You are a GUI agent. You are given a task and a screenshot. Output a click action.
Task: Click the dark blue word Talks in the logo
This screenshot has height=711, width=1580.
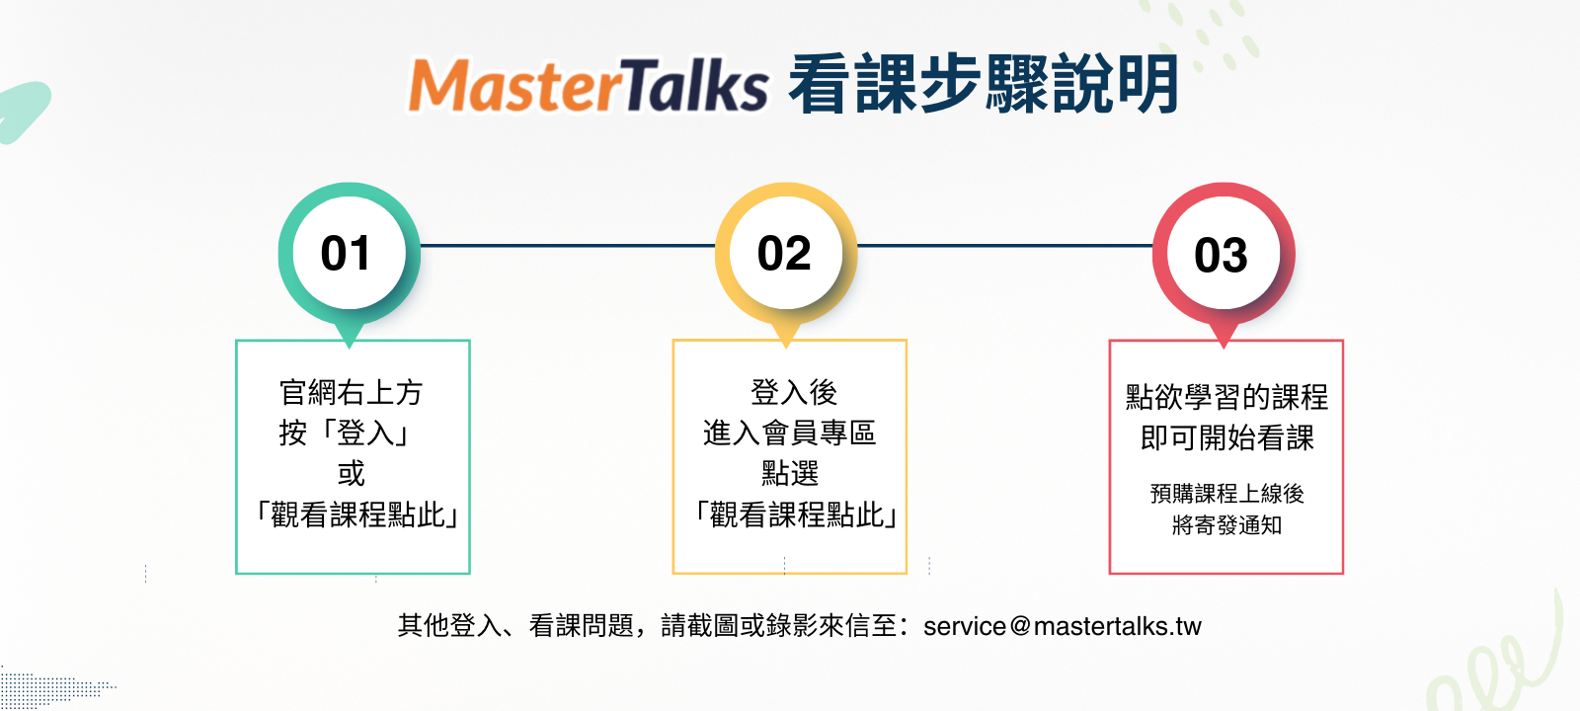pyautogui.click(x=695, y=84)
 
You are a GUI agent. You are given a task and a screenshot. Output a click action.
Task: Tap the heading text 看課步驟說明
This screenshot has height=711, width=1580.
pyautogui.click(x=984, y=84)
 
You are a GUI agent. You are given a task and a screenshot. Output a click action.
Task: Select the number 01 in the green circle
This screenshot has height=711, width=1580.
pyautogui.click(x=346, y=253)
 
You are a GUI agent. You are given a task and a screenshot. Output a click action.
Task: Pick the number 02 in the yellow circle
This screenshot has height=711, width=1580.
pyautogui.click(x=784, y=253)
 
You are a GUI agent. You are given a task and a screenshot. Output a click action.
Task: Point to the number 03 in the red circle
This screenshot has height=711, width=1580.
pyautogui.click(x=1221, y=255)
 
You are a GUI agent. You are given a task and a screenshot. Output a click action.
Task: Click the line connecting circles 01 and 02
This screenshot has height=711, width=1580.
pyautogui.click(x=568, y=246)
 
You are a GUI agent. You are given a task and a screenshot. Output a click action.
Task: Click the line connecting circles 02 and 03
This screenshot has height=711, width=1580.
pyautogui.click(x=1005, y=246)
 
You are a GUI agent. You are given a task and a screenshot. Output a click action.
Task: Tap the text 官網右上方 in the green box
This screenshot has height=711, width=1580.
pyautogui.click(x=352, y=392)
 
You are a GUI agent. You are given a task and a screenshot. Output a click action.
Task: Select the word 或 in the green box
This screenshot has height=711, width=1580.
pyautogui.click(x=352, y=473)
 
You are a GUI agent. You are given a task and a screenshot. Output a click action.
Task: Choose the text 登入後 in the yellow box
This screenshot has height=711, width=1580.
pyautogui.click(x=794, y=392)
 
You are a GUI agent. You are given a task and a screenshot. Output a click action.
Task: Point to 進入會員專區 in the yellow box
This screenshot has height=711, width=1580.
pyautogui.click(x=789, y=433)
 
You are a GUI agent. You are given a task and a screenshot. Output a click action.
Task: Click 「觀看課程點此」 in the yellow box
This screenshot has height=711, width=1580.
pyautogui.click(x=795, y=514)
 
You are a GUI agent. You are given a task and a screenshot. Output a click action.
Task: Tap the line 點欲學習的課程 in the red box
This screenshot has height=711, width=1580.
pyautogui.click(x=1226, y=397)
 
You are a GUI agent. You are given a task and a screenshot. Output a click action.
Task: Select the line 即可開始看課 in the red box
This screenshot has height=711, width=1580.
pyautogui.click(x=1226, y=438)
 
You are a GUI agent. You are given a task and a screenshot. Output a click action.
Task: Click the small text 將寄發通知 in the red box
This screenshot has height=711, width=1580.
pyautogui.click(x=1226, y=525)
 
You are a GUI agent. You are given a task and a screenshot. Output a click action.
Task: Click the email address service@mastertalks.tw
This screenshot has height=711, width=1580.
pyautogui.click(x=1063, y=626)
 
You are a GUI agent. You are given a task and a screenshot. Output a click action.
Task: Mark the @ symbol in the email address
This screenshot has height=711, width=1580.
pyautogui.click(x=1020, y=626)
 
